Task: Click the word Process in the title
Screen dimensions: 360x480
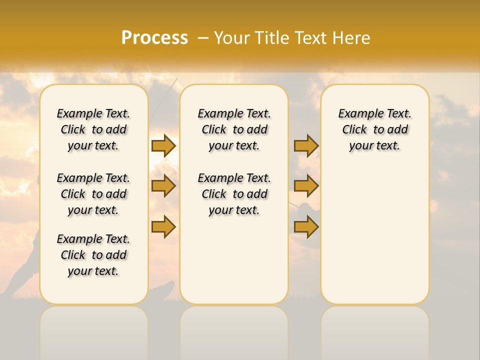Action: (154, 37)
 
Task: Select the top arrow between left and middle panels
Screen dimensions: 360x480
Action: (163, 145)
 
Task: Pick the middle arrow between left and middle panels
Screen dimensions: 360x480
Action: (163, 186)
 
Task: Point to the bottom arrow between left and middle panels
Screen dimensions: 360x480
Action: (163, 226)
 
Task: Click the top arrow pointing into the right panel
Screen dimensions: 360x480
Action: (306, 145)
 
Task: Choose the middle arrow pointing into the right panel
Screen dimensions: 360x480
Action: (306, 186)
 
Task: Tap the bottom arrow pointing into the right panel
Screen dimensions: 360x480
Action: (306, 226)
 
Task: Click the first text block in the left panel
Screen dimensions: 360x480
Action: (93, 129)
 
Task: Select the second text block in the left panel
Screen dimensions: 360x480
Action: (93, 194)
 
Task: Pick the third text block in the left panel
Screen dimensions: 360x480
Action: (93, 255)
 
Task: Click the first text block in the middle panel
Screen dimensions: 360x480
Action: (234, 129)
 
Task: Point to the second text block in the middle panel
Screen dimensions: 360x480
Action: (234, 194)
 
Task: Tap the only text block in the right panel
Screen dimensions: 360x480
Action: (374, 129)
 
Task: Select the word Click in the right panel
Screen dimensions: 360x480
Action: (354, 130)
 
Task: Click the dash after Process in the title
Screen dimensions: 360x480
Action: (202, 38)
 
